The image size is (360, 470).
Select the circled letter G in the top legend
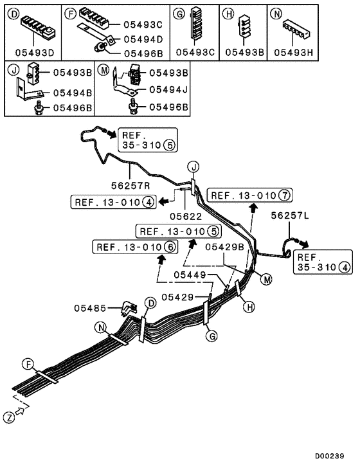(x=180, y=12)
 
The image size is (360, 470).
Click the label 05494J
(x=169, y=91)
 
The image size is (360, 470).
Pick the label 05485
(x=97, y=309)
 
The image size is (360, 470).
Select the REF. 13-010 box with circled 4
(x=113, y=203)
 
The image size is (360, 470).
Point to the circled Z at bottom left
(x=9, y=418)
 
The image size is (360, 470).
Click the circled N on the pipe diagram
(x=101, y=327)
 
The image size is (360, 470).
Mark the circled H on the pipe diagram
(x=245, y=307)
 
